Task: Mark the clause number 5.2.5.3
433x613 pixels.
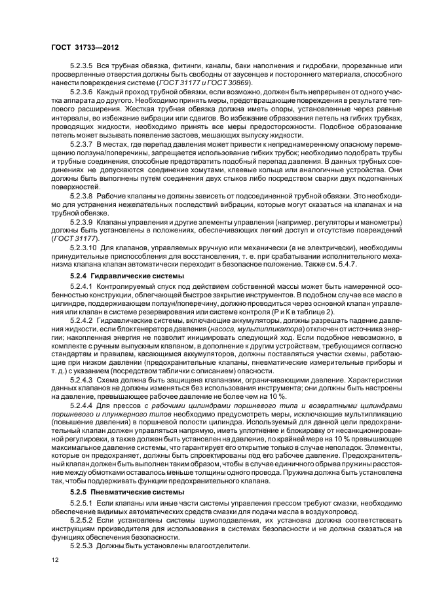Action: (x=81, y=545)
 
